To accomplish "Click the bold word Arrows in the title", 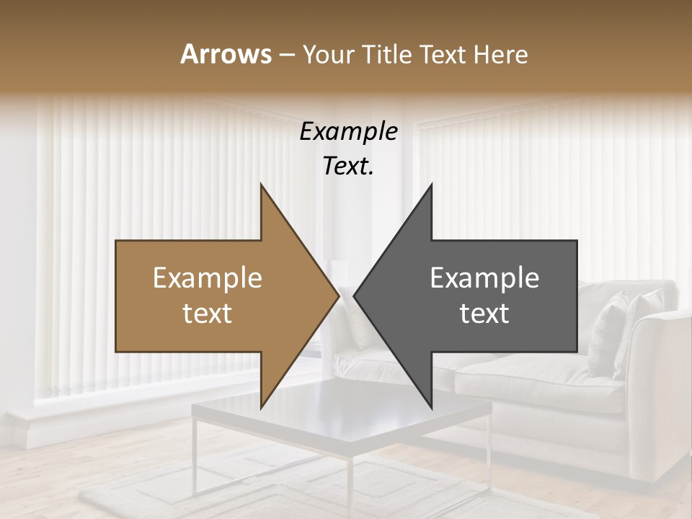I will click(x=226, y=54).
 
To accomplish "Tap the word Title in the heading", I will click(x=389, y=54).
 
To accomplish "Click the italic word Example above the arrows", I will click(x=348, y=132).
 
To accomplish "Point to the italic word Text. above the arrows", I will click(x=348, y=167).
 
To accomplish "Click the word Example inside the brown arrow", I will click(x=208, y=278).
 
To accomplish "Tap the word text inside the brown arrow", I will click(x=208, y=314).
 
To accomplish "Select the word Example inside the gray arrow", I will click(x=484, y=278).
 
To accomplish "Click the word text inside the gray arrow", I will click(x=484, y=314).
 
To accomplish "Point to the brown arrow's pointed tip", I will click(x=338, y=296).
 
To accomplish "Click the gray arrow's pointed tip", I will click(x=355, y=296).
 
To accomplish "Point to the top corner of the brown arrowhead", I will click(x=261, y=185).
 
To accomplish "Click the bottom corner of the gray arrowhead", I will click(x=431, y=407).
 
